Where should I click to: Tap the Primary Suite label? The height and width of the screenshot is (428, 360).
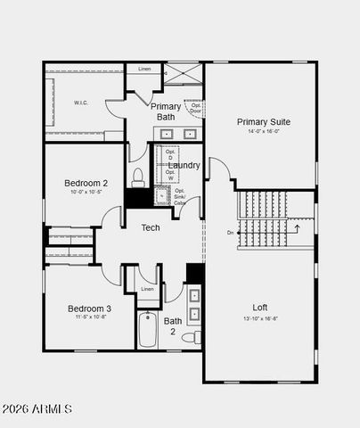pyautogui.click(x=263, y=122)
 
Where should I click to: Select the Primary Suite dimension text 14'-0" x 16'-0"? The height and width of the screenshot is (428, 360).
pyautogui.click(x=263, y=132)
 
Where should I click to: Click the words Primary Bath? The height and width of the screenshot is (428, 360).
pyautogui.click(x=166, y=111)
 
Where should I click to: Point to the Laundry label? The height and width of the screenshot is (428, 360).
pyautogui.click(x=184, y=165)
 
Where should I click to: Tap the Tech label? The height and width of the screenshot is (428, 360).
pyautogui.click(x=151, y=227)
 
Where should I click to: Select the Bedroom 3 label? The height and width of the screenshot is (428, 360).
pyautogui.click(x=89, y=309)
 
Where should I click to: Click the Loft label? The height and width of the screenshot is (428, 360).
pyautogui.click(x=260, y=308)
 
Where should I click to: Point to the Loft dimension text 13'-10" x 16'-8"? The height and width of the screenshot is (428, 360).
pyautogui.click(x=260, y=318)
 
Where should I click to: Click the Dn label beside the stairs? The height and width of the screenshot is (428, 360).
pyautogui.click(x=230, y=233)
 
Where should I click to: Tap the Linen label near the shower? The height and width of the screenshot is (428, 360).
pyautogui.click(x=143, y=68)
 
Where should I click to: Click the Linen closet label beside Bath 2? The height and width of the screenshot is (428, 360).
pyautogui.click(x=147, y=289)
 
